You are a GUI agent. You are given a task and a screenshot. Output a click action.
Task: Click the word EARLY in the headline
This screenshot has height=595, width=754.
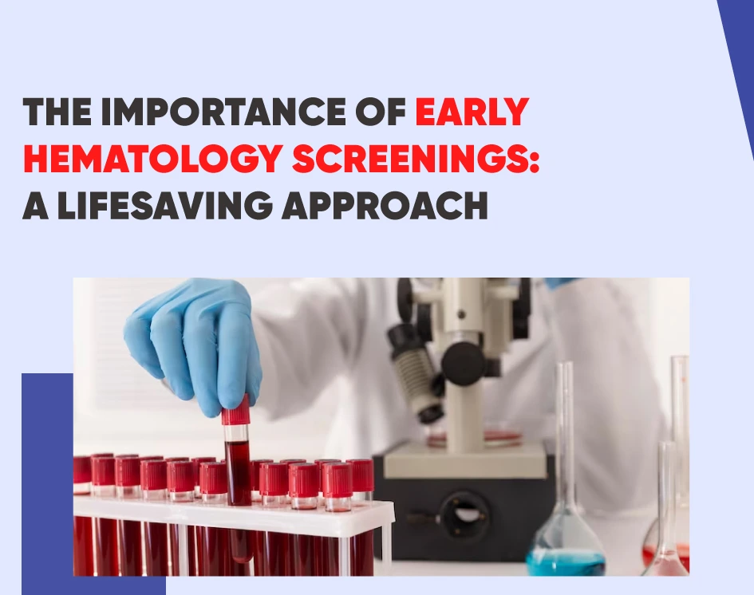(x=472, y=112)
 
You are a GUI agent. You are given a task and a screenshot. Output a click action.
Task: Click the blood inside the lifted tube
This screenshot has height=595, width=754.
(x=238, y=471)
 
